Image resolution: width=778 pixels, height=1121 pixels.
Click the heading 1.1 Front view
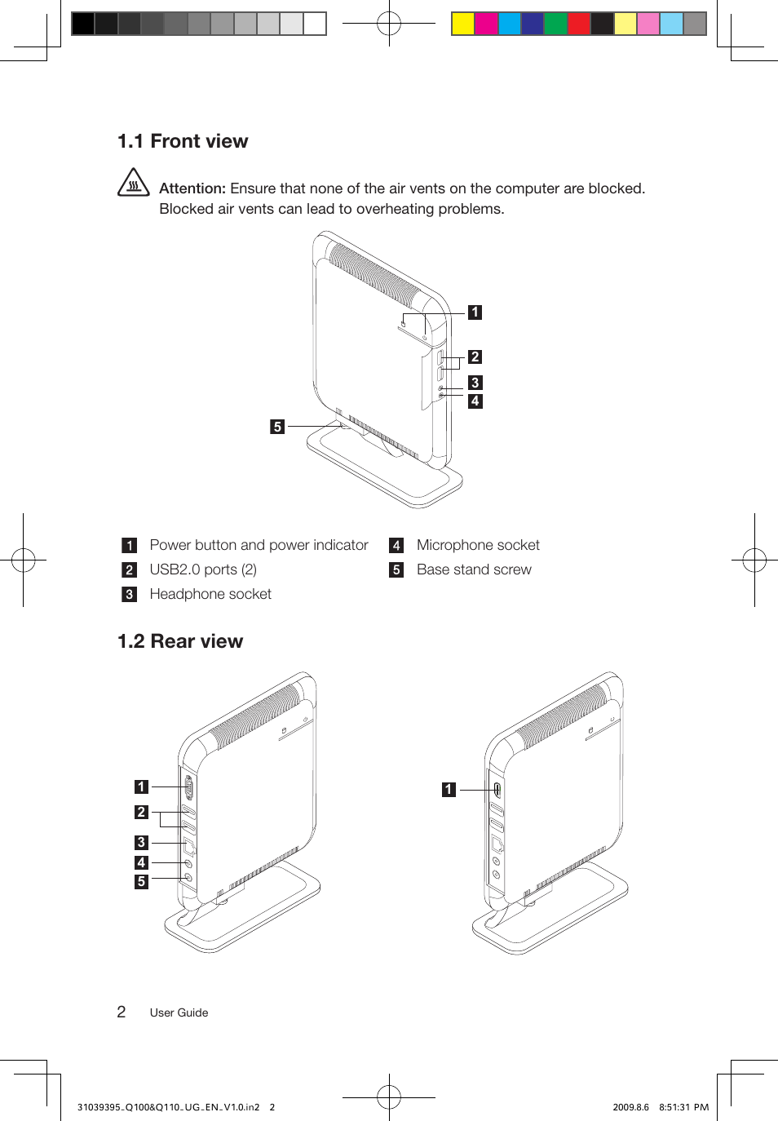point(183,141)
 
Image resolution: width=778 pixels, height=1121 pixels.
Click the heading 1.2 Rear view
point(180,641)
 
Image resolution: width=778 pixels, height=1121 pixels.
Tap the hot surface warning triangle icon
point(134,184)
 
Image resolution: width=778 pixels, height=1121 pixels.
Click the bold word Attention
point(192,188)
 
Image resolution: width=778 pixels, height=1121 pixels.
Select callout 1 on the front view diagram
point(475,312)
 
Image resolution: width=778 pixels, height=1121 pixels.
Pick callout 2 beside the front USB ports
point(475,357)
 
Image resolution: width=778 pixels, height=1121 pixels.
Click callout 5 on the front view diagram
point(277,427)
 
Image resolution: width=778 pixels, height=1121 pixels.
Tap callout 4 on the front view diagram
point(475,401)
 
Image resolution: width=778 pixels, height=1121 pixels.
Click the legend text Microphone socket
point(478,545)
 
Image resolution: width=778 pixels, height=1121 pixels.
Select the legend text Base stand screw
point(474,569)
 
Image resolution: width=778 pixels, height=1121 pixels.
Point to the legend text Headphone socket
point(210,594)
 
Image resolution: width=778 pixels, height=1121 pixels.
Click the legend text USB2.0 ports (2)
point(203,569)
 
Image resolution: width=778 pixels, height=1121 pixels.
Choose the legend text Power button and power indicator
point(259,545)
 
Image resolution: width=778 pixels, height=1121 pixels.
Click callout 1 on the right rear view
point(449,790)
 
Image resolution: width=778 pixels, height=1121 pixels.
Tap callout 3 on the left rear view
point(141,843)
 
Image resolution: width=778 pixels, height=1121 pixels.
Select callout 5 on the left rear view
point(141,882)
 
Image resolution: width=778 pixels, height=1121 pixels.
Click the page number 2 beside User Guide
point(122,1012)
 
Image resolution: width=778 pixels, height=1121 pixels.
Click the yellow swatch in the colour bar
point(463,24)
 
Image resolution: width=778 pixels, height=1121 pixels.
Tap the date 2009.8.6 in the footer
point(630,1107)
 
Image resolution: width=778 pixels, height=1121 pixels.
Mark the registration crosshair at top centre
point(389,24)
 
